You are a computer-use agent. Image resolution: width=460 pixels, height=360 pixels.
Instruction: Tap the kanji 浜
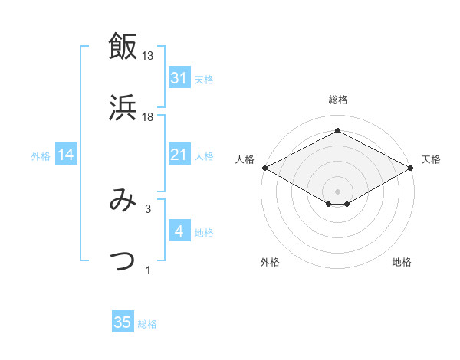[x=123, y=107]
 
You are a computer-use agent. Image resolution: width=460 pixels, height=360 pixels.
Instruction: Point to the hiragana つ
[x=123, y=260]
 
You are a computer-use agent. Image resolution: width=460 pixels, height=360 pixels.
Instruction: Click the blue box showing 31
[x=179, y=78]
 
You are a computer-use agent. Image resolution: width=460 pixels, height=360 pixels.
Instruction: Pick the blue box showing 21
[x=179, y=155]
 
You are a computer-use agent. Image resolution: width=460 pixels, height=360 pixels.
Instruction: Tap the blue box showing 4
[x=179, y=231]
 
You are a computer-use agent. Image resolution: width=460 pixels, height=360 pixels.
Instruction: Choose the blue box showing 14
[x=66, y=155]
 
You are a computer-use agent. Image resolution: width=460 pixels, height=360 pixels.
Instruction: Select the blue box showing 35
[x=123, y=322]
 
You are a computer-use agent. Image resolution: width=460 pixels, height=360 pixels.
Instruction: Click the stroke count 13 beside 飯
[x=148, y=56]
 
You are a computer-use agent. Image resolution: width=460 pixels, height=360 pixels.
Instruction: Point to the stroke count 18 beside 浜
[x=148, y=116]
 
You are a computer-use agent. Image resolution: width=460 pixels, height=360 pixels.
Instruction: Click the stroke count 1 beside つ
[x=147, y=270]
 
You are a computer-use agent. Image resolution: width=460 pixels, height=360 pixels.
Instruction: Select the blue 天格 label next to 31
[x=204, y=79]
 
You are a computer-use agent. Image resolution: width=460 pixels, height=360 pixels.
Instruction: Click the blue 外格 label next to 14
[x=41, y=156]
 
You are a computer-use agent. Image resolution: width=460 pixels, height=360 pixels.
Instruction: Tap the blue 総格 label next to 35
[x=147, y=323]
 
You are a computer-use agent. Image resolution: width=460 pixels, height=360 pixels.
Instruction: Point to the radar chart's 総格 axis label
[x=337, y=100]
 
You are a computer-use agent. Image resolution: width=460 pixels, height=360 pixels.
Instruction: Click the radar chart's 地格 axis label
[x=402, y=263]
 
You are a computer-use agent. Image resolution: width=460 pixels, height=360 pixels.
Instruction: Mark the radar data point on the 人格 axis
[x=264, y=168]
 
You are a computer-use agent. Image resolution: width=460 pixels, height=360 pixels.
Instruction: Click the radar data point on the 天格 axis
[x=411, y=168]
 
